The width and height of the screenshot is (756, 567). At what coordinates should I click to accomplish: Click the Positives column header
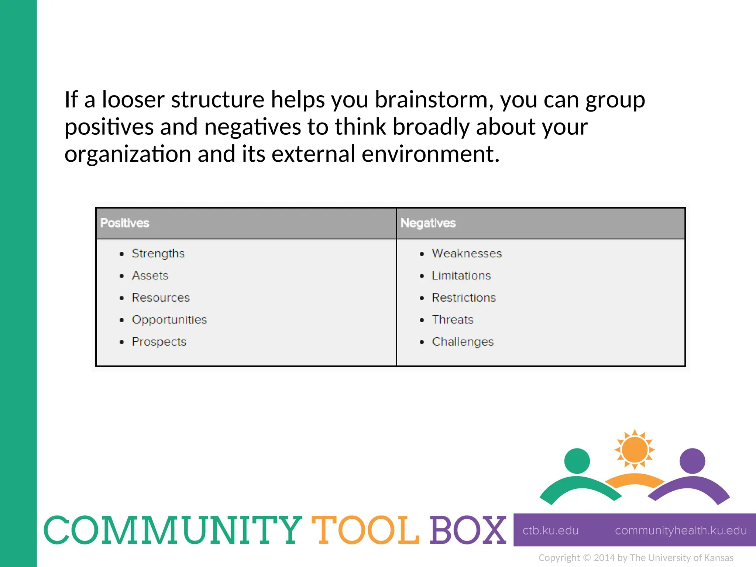pyautogui.click(x=125, y=223)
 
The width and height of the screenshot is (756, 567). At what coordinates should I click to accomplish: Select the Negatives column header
pyautogui.click(x=428, y=223)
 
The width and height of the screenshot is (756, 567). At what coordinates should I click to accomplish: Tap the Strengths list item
pyautogui.click(x=158, y=253)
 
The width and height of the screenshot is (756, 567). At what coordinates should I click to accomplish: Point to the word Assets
pyautogui.click(x=150, y=275)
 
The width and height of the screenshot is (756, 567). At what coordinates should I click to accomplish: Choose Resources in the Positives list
pyautogui.click(x=161, y=298)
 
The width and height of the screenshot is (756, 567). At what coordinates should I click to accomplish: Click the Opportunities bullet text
pyautogui.click(x=169, y=320)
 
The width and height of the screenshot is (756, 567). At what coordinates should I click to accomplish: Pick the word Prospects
pyautogui.click(x=159, y=342)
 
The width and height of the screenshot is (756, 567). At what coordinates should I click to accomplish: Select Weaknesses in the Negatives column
pyautogui.click(x=467, y=253)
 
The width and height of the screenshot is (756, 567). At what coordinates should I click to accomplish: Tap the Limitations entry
pyautogui.click(x=461, y=275)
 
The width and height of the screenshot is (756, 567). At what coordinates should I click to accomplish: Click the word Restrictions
pyautogui.click(x=464, y=298)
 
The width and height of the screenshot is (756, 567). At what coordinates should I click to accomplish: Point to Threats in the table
pyautogui.click(x=453, y=320)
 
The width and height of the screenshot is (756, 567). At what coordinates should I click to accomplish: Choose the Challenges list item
pyautogui.click(x=463, y=342)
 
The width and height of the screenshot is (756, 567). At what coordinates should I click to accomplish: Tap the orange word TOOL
pyautogui.click(x=365, y=530)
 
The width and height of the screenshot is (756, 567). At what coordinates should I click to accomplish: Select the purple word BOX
pyautogui.click(x=468, y=530)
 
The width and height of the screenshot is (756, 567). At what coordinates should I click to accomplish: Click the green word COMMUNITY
pyautogui.click(x=173, y=530)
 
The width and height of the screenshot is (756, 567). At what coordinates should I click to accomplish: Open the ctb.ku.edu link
pyautogui.click(x=550, y=530)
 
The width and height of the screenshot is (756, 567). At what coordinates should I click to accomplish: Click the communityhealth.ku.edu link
pyautogui.click(x=680, y=530)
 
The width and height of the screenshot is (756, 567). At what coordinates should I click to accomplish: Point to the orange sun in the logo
pyautogui.click(x=635, y=450)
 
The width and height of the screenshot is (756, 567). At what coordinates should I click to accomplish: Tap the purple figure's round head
pyautogui.click(x=693, y=461)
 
